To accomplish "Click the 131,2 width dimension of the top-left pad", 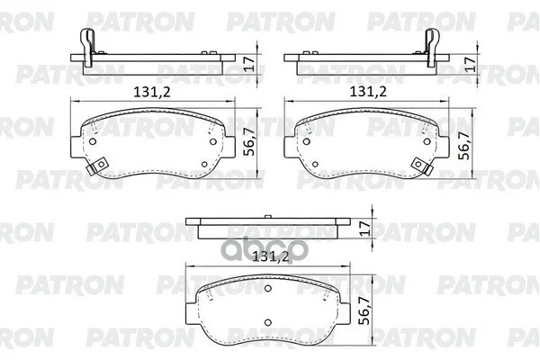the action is (x=152, y=92).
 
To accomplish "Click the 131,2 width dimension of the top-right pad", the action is (x=368, y=92).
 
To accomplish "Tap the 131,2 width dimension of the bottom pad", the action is (x=270, y=256).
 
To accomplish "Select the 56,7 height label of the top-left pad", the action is (x=249, y=141).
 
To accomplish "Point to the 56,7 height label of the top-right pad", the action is (x=465, y=145).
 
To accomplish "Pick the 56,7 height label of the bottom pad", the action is (x=364, y=310).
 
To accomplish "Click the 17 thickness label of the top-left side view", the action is (x=249, y=64).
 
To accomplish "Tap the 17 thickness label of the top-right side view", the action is (x=471, y=64).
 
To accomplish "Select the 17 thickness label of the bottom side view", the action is (x=364, y=228).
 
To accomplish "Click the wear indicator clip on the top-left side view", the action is (x=87, y=47).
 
